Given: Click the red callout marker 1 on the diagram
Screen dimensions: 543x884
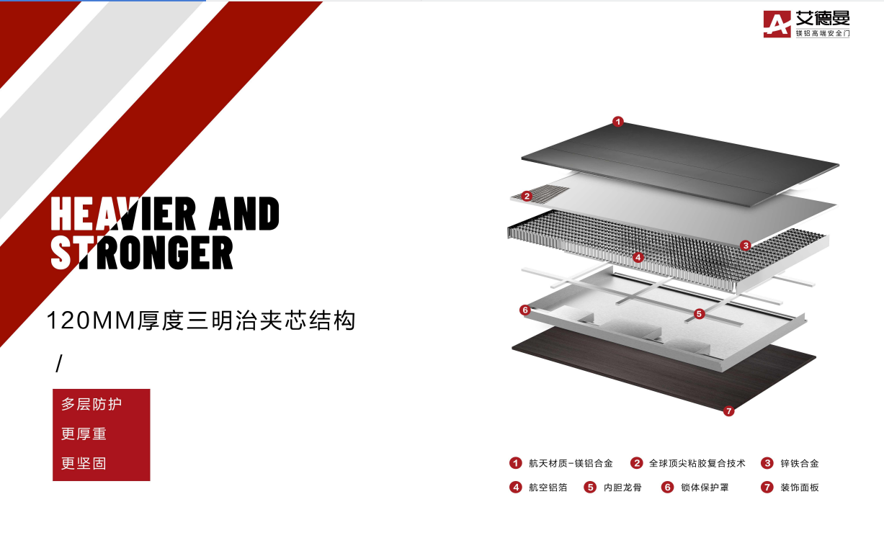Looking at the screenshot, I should pyautogui.click(x=617, y=122).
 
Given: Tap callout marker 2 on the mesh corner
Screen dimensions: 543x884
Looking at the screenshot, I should pyautogui.click(x=527, y=196).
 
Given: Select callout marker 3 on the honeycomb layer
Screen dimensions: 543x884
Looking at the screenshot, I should pyautogui.click(x=746, y=246).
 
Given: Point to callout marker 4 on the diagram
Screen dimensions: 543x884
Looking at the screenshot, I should pyautogui.click(x=638, y=257).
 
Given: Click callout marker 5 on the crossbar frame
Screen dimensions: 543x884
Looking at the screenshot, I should pyautogui.click(x=699, y=314).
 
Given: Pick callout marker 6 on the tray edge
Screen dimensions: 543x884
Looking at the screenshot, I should pyautogui.click(x=524, y=310).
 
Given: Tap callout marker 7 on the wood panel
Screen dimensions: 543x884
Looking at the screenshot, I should pyautogui.click(x=728, y=411).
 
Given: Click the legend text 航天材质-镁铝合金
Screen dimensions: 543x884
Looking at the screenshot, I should pyautogui.click(x=571, y=464).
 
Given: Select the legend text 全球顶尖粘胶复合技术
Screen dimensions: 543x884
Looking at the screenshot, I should pyautogui.click(x=697, y=464).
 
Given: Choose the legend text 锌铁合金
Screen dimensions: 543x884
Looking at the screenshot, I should pyautogui.click(x=800, y=464).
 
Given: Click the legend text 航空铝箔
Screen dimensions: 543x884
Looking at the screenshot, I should pyautogui.click(x=548, y=488).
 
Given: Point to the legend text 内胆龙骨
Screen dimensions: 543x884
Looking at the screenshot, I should pyautogui.click(x=622, y=488).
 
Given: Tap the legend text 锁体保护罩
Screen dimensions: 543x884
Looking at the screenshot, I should pyautogui.click(x=705, y=488).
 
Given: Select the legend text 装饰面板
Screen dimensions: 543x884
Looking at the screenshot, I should pyautogui.click(x=800, y=488).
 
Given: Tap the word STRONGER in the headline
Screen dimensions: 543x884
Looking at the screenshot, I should pyautogui.click(x=142, y=252).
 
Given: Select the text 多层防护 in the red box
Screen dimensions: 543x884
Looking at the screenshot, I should pyautogui.click(x=91, y=404).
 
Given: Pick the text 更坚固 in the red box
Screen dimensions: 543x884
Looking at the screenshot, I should pyautogui.click(x=84, y=463).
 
